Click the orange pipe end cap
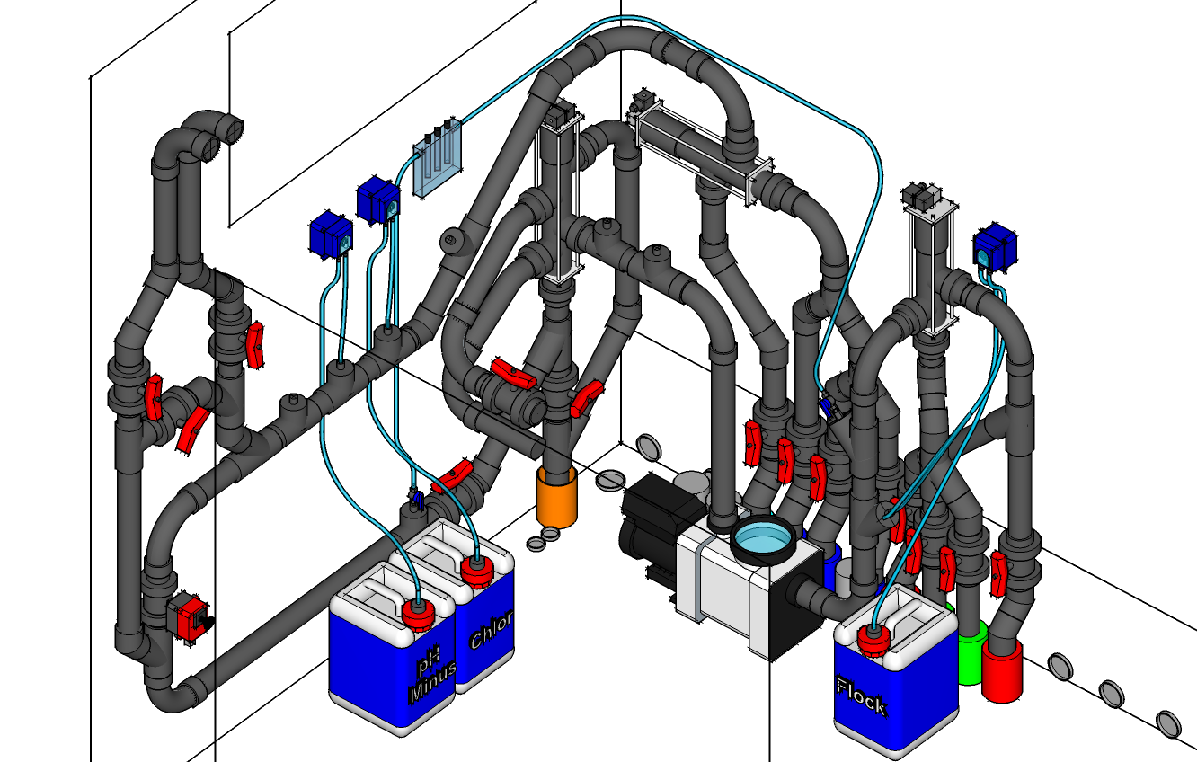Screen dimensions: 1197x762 [x=556, y=496]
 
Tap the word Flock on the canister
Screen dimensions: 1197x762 [x=862, y=696]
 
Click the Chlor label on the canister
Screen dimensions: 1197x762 [x=491, y=631]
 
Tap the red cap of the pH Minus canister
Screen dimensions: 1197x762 [x=418, y=615]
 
